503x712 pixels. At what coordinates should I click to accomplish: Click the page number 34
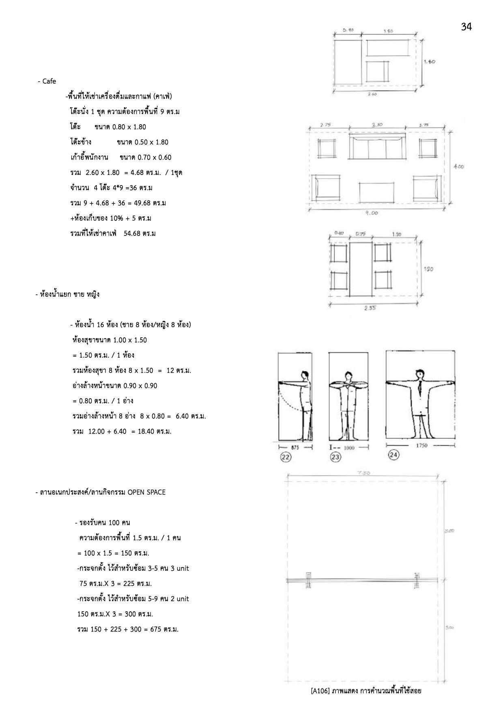pyautogui.click(x=466, y=27)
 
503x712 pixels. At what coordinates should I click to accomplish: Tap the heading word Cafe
pyautogui.click(x=49, y=81)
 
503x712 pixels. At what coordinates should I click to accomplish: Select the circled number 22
pyautogui.click(x=286, y=457)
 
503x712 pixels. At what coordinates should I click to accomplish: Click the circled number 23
pyautogui.click(x=335, y=457)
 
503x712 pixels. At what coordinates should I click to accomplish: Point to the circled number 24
pyautogui.click(x=393, y=455)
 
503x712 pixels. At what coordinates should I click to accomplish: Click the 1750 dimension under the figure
pyautogui.click(x=422, y=445)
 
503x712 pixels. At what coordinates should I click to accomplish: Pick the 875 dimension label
pyautogui.click(x=295, y=447)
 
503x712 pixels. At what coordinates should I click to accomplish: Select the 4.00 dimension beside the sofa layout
pyautogui.click(x=458, y=167)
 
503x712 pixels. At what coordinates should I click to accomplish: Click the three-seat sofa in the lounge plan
pyautogui.click(x=377, y=148)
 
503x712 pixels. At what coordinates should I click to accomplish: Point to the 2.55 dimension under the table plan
pyautogui.click(x=370, y=308)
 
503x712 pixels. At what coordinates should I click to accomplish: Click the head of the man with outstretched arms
pyautogui.click(x=421, y=373)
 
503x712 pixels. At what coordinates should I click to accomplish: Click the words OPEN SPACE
pyautogui.click(x=146, y=492)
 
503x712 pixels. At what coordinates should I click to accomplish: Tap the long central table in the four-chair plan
pyautogui.click(x=361, y=270)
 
